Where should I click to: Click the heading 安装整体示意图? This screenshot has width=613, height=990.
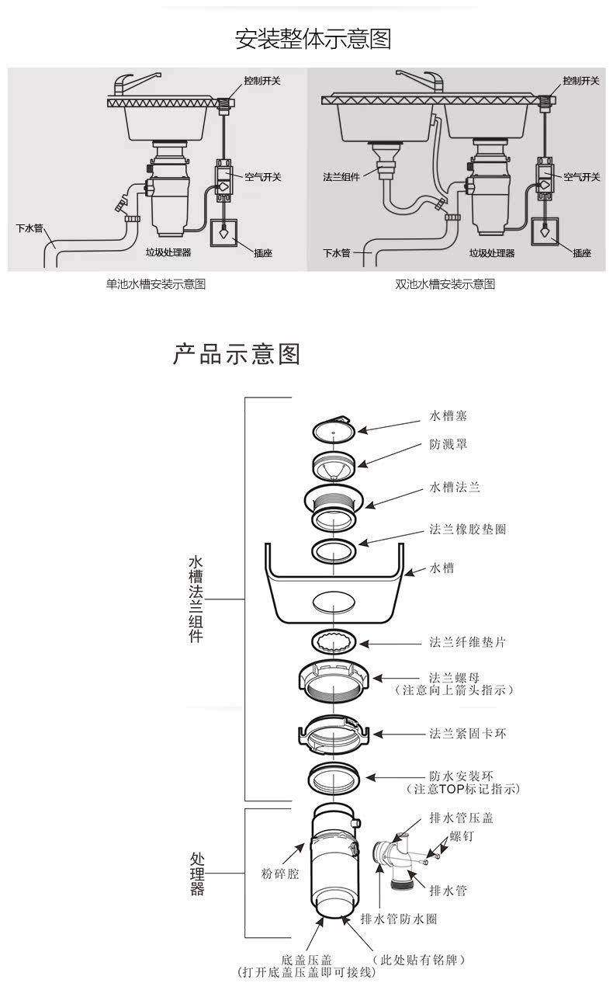coord(313,39)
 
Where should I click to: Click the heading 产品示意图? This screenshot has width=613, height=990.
coord(237,353)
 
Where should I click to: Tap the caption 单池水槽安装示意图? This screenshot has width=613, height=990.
coord(156,283)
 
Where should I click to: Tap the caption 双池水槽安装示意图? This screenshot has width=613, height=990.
coord(445,283)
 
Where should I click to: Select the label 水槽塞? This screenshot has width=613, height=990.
coord(448,415)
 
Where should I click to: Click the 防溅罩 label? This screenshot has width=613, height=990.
coord(448,444)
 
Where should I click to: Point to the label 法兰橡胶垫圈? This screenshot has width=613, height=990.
coord(468,529)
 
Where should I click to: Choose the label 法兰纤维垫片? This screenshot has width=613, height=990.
coord(468,641)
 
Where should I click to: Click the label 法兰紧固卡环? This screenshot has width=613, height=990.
coord(468,734)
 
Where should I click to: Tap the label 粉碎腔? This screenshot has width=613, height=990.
coord(280,874)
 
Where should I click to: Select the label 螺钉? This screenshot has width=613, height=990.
coord(462,835)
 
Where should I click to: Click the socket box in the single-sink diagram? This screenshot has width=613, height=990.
coord(224,233)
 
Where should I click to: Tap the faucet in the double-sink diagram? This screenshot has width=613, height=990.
coord(420,82)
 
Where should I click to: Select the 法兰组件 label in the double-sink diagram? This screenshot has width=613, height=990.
coord(341,177)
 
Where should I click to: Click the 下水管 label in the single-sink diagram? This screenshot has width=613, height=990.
coord(29,228)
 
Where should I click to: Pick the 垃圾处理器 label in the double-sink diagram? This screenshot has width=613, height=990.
coord(491,253)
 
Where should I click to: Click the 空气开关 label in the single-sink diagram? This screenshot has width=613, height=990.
coord(263,177)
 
